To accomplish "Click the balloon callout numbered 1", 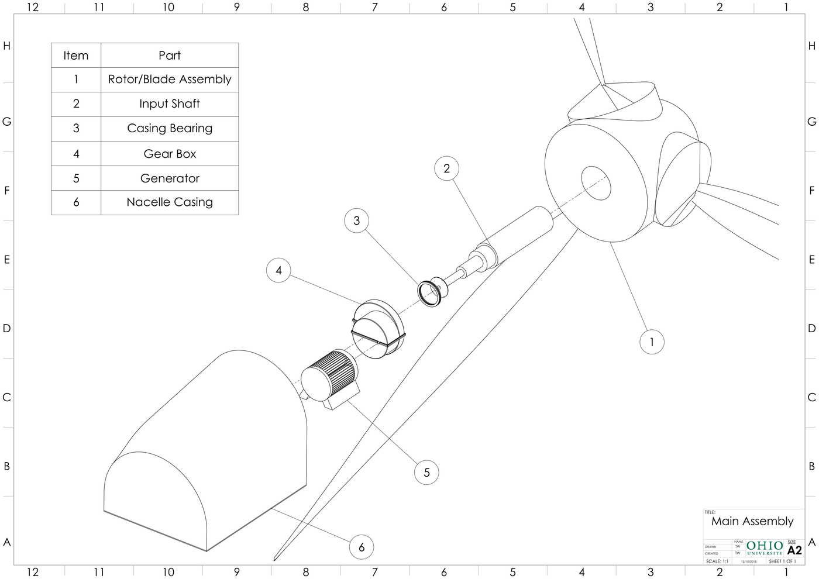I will click(652, 342).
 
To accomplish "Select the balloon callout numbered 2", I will click(447, 168).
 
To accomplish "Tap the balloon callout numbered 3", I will click(357, 220).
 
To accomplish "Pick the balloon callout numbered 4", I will click(278, 270).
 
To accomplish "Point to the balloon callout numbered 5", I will click(426, 472).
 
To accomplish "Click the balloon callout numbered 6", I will click(362, 547).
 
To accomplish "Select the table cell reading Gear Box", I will click(170, 154).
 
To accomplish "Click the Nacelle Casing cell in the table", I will click(170, 202).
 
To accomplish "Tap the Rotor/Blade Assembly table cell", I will click(170, 80).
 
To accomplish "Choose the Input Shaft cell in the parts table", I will click(170, 104).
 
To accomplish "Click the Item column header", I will click(76, 56).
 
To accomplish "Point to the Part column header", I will click(170, 56).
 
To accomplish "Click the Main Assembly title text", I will click(752, 521).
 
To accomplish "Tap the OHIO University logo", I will click(765, 548).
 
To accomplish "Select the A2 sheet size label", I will click(794, 550).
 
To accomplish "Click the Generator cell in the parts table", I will click(170, 178).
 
